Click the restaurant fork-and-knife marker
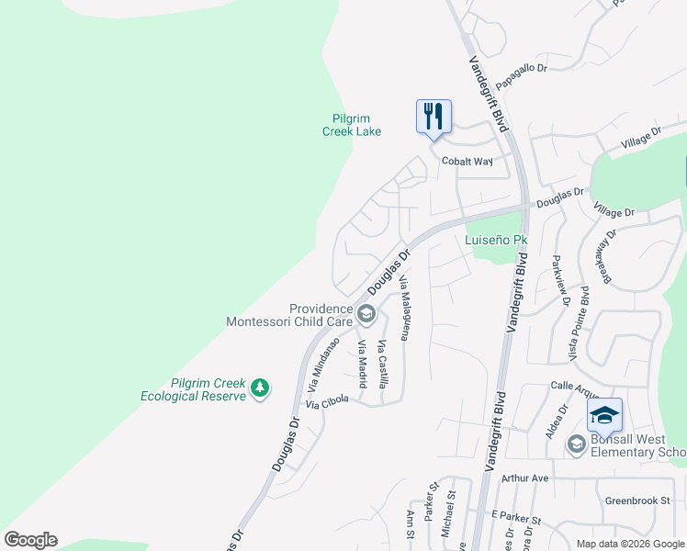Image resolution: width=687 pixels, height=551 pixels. [434, 117]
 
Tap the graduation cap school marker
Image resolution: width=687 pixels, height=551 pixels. [604, 415]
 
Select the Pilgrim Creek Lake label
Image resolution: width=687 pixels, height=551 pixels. [352, 125]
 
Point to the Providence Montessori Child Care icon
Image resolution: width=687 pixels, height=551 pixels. [366, 315]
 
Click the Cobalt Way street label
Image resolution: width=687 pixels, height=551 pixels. [467, 161]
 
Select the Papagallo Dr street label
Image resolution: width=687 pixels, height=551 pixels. [521, 76]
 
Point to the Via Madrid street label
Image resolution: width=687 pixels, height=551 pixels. [363, 364]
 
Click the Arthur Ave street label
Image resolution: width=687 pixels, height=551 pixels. [524, 478]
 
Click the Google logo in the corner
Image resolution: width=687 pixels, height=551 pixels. [30, 540]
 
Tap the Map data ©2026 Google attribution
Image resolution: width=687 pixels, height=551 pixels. [629, 543]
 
